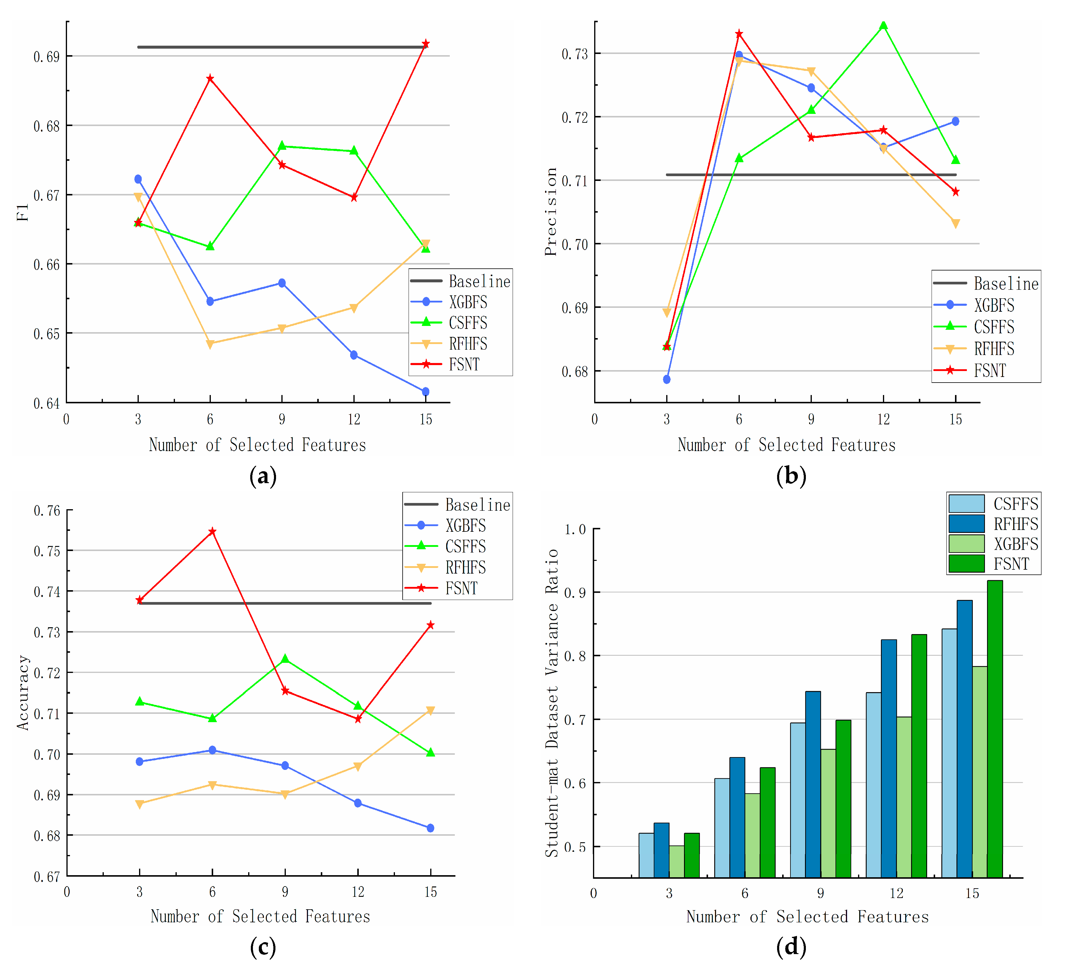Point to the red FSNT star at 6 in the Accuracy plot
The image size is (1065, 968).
pyautogui.click(x=212, y=531)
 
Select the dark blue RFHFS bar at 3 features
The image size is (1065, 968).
pyautogui.click(x=661, y=851)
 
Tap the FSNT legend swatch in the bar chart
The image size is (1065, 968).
pyautogui.click(x=966, y=564)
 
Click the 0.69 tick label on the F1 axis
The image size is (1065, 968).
pyautogui.click(x=47, y=57)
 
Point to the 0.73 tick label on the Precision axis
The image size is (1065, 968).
pyautogui.click(x=575, y=54)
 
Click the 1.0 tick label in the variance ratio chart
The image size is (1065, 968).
pyautogui.click(x=575, y=529)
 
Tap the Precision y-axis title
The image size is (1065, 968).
pyautogui.click(x=551, y=211)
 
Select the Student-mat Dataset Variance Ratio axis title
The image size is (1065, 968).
pyautogui.click(x=551, y=703)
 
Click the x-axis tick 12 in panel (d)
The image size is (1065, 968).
pyautogui.click(x=897, y=893)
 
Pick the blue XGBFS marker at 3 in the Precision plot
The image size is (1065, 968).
pyautogui.click(x=667, y=379)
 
